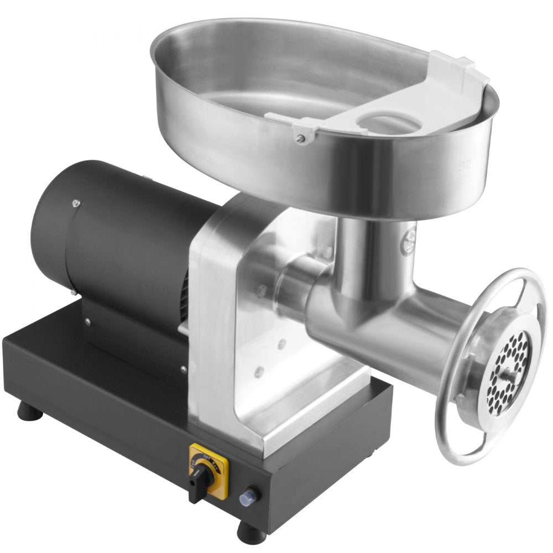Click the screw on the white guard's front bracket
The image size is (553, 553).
click(300, 139)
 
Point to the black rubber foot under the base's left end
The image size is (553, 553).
click(29, 413)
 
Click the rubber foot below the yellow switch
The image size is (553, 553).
click(251, 533)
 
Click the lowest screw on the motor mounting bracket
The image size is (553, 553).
click(184, 369)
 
